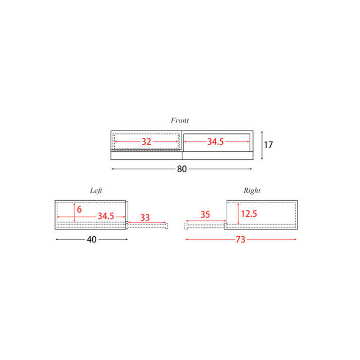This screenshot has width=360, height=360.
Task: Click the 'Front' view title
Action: [179, 120]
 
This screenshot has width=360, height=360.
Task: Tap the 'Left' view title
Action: [96, 191]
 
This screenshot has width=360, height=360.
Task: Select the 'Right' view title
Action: [252, 191]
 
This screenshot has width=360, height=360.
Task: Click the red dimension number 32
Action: [146, 142]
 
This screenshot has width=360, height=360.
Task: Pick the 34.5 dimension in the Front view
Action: [215, 142]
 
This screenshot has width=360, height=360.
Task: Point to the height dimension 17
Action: [268, 145]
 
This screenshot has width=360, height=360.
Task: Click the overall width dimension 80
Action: [182, 169]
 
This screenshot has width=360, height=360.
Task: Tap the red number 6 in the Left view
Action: [79, 209]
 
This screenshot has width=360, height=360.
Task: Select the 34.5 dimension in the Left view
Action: [106, 216]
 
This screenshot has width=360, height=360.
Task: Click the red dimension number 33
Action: [145, 218]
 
